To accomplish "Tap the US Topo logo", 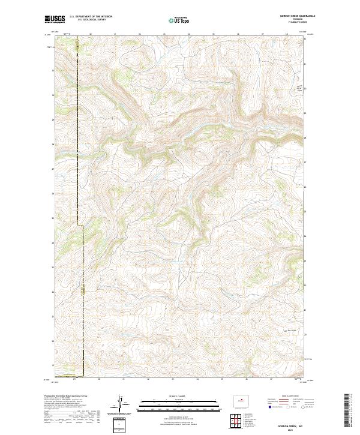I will point(179,20).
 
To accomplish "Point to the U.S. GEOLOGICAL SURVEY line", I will point(91,20).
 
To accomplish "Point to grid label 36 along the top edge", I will point(238,35).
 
